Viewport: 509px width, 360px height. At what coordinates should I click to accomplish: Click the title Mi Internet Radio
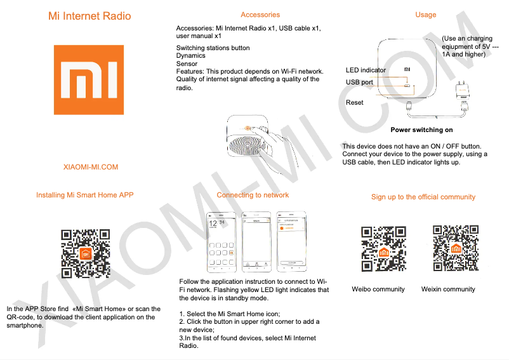pyautogui.click(x=89, y=16)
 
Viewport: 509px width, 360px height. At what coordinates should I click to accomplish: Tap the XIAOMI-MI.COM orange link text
pyautogui.click(x=91, y=167)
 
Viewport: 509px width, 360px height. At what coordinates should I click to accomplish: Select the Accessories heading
pyautogui.click(x=260, y=15)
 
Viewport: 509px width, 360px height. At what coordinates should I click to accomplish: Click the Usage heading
pyautogui.click(x=425, y=15)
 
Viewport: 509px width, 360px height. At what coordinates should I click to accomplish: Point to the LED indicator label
pyautogui.click(x=366, y=70)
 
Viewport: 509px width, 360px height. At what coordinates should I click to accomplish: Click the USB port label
pyautogui.click(x=359, y=83)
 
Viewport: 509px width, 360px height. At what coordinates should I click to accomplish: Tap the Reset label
pyautogui.click(x=354, y=102)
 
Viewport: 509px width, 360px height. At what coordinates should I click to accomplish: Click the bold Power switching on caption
pyautogui.click(x=421, y=130)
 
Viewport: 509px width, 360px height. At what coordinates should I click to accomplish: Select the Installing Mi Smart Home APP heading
pyautogui.click(x=85, y=195)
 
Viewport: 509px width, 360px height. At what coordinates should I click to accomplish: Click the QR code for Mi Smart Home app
pyautogui.click(x=86, y=253)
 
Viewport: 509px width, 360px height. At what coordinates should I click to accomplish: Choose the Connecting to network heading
pyautogui.click(x=253, y=195)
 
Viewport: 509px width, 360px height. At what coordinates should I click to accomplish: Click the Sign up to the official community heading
pyautogui.click(x=423, y=197)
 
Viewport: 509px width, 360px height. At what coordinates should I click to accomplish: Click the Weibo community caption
pyautogui.click(x=378, y=289)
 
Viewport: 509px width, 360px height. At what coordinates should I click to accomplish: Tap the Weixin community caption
pyautogui.click(x=448, y=289)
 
